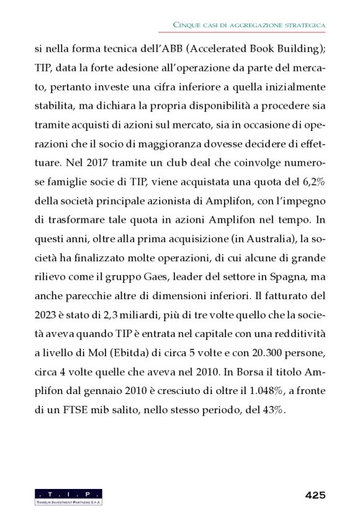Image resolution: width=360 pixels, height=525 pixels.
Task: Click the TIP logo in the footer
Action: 69,496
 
